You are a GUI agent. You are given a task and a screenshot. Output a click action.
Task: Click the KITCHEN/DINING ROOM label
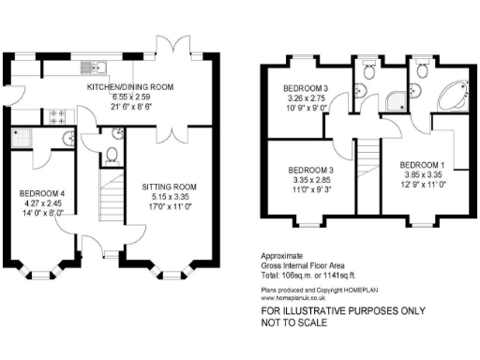(130, 86)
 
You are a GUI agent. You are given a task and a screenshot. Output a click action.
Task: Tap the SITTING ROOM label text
(170, 187)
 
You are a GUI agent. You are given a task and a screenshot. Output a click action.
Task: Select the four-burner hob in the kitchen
(55, 117)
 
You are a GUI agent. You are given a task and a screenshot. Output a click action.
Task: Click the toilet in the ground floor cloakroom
(112, 155)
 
